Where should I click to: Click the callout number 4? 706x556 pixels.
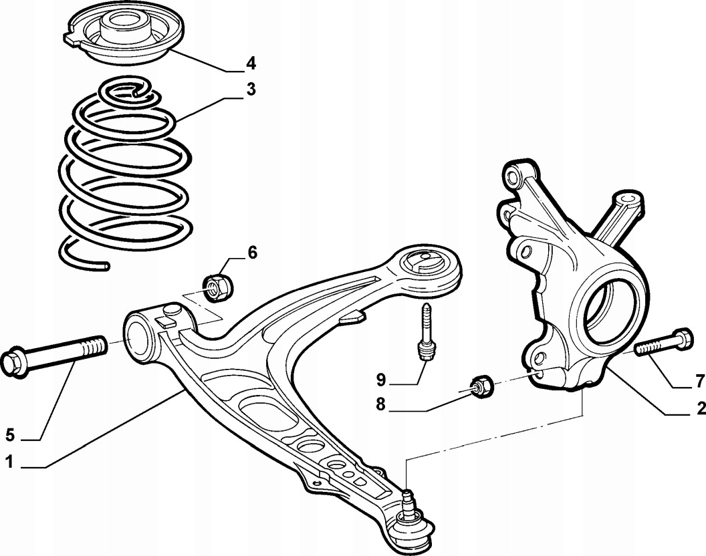coord(251,63)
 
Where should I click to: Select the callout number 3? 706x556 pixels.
coord(251,90)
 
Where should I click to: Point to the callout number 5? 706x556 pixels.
coord(9,435)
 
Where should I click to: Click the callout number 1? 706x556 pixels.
coord(9,461)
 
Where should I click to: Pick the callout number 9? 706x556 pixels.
coord(380,380)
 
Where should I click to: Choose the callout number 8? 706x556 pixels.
coord(380,404)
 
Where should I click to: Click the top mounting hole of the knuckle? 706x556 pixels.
coord(513,176)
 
